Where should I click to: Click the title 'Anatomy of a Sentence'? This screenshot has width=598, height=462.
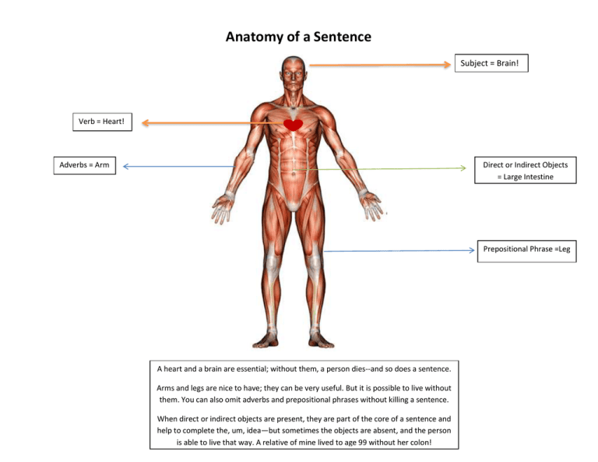pos(298,37)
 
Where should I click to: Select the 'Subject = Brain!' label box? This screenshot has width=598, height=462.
pos(491,63)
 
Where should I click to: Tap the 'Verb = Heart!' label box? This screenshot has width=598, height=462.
pos(102,122)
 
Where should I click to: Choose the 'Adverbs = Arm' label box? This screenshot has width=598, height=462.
pos(85,165)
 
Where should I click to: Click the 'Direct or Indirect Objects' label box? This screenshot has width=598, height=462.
pos(525,170)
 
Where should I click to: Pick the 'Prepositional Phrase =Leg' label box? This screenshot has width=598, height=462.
pos(526,251)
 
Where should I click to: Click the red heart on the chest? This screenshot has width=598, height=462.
pos(294,125)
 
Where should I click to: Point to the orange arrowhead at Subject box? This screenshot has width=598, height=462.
pos(447,65)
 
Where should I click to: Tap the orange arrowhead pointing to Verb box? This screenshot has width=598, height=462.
pos(146,123)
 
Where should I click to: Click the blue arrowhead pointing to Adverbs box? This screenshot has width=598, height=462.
pos(126,166)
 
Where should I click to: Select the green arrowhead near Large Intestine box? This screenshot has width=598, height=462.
pos(463,168)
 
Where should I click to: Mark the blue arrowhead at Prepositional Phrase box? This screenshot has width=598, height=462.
pos(471,250)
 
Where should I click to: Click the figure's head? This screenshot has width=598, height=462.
pos(294,73)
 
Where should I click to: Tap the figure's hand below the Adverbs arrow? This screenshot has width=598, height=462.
pos(223,208)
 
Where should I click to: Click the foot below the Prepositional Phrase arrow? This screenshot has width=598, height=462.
pos(321,340)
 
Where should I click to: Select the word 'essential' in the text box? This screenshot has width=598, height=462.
pos(252,369)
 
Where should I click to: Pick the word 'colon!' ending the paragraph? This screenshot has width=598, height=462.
pos(422,443)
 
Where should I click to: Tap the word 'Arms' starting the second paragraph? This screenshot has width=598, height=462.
pos(166,388)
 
